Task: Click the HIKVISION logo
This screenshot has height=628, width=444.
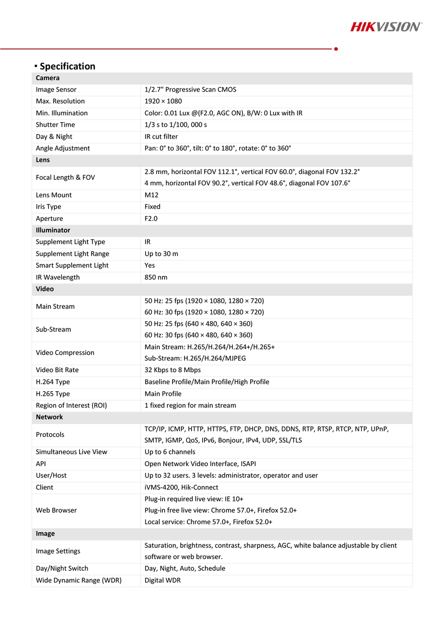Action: point(386,27)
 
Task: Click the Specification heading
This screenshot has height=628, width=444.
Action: point(67,66)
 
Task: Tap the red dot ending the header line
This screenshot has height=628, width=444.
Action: point(336,49)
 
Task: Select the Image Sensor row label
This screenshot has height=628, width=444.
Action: point(56,90)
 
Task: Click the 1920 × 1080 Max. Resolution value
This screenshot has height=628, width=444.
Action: point(163,101)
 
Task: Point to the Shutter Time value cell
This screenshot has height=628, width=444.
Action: point(176,125)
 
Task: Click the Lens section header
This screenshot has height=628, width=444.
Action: point(43,160)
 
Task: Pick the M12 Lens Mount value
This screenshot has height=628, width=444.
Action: point(151,195)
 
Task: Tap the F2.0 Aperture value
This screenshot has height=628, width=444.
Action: point(151,219)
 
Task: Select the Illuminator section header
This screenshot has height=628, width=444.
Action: point(53,230)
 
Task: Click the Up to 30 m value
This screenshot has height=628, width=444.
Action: point(161,254)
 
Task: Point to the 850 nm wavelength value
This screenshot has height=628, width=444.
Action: point(156,277)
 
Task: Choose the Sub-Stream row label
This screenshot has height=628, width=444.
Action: point(53,330)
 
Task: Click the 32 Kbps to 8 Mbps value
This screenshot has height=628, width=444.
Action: point(173,370)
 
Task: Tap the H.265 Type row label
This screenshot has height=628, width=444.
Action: point(53,394)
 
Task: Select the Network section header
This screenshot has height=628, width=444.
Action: point(49,417)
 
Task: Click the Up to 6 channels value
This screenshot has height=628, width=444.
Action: point(170,452)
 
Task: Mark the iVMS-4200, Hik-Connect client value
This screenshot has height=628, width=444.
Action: point(181,487)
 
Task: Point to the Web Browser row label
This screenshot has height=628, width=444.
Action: point(56,511)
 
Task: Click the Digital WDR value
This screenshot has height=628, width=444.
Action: point(162,580)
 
